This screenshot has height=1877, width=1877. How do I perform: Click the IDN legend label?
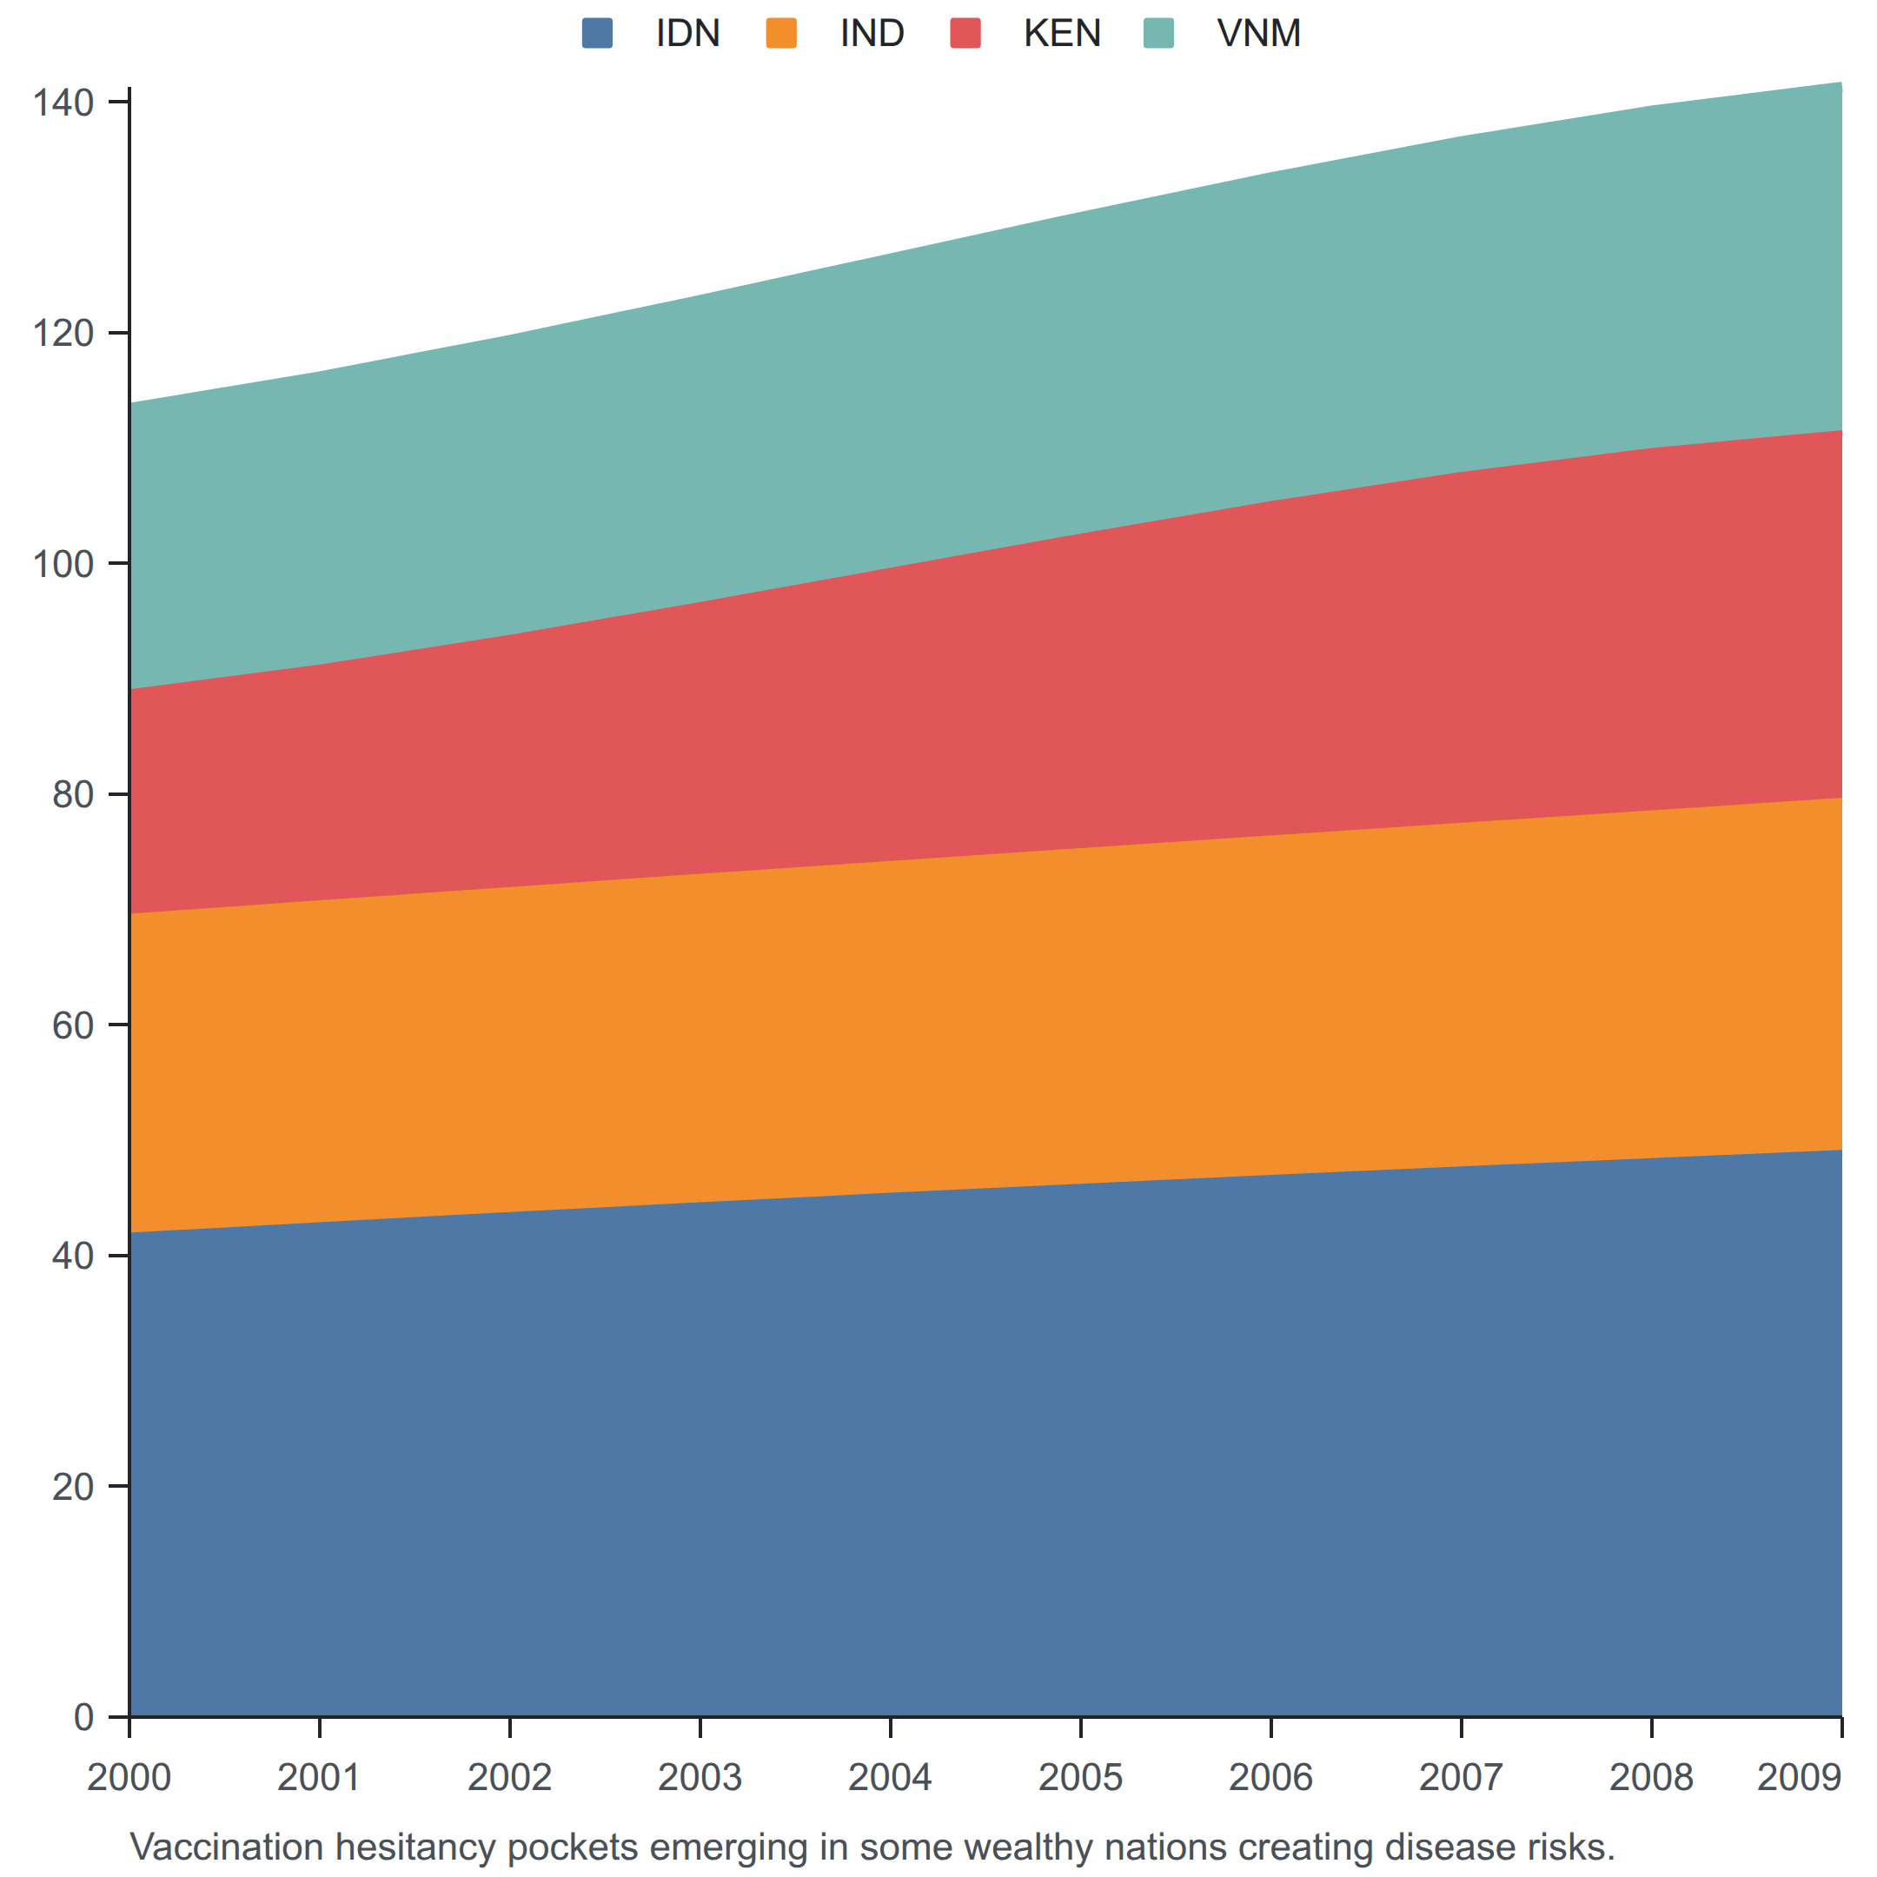click(x=688, y=34)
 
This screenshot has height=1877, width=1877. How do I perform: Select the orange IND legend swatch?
click(x=781, y=33)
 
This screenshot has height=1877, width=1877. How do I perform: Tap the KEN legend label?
click(x=1062, y=34)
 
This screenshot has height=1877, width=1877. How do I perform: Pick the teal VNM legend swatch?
click(x=1159, y=33)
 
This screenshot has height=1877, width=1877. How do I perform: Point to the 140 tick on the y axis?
click(x=63, y=103)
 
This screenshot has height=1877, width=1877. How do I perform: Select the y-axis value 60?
click(x=73, y=1026)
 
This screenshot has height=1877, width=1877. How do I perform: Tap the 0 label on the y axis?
click(x=83, y=1718)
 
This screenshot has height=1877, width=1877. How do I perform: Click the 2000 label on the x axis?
click(x=129, y=1778)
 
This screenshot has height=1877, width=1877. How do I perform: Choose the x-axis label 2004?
click(x=890, y=1778)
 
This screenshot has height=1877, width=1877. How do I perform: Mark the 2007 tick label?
click(x=1461, y=1778)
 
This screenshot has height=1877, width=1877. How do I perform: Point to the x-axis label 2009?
click(x=1800, y=1778)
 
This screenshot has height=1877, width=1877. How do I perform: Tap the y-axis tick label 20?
click(x=73, y=1488)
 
